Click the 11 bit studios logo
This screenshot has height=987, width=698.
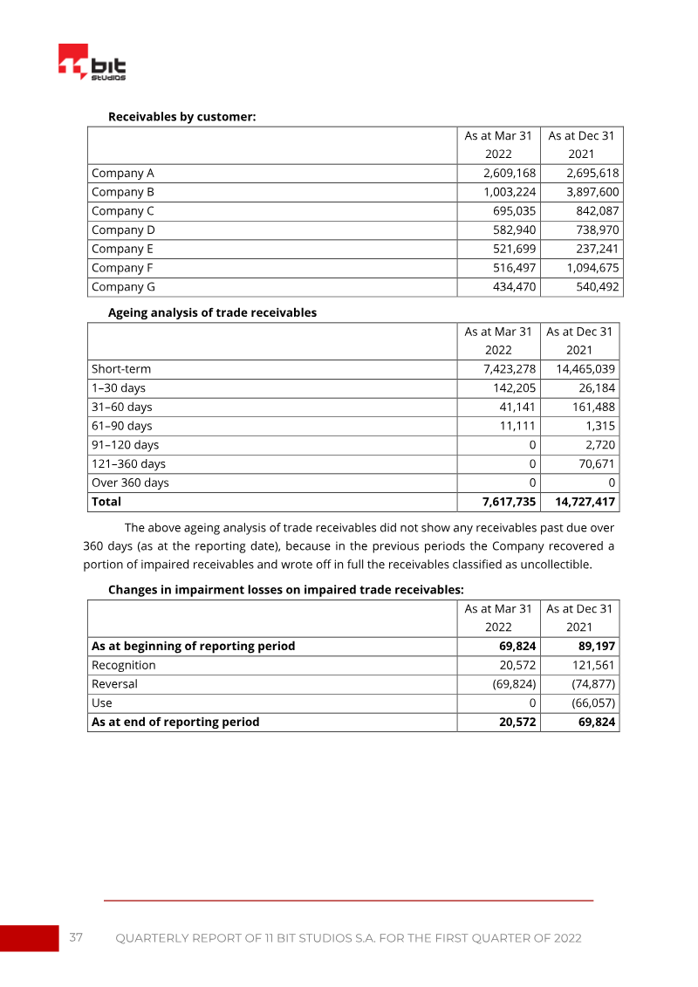[92, 63]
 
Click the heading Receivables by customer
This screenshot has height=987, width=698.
[181, 116]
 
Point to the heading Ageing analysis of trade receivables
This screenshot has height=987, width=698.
[212, 312]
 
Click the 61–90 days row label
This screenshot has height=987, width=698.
[121, 426]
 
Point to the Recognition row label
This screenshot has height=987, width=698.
[124, 665]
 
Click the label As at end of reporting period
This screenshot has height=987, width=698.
[175, 722]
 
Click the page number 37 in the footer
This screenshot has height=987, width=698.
[77, 938]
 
